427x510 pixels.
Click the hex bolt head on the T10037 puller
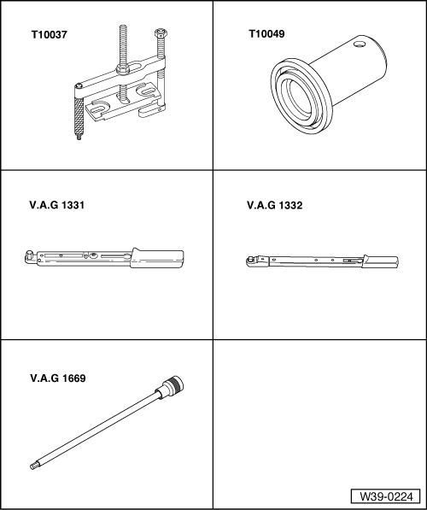159,34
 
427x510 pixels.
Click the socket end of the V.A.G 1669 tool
174,384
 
